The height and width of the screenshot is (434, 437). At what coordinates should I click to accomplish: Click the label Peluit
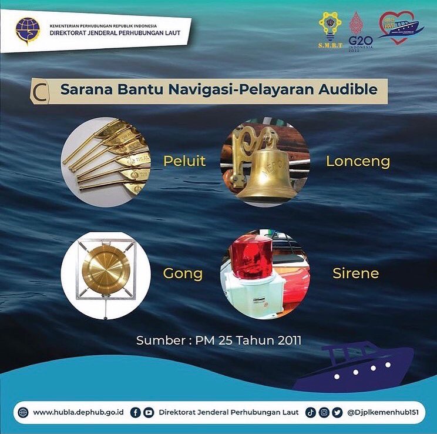[x=184, y=161]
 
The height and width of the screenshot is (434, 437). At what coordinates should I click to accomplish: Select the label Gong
[x=183, y=273]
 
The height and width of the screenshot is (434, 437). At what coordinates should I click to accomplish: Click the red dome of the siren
[x=251, y=258]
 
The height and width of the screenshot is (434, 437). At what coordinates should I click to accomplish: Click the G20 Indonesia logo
[x=357, y=32]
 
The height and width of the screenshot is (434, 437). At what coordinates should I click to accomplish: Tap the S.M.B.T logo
[x=329, y=29]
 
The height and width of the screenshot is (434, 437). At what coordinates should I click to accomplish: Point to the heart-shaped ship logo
[x=401, y=28]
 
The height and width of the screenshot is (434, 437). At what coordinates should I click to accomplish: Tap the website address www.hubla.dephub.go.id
[x=78, y=412]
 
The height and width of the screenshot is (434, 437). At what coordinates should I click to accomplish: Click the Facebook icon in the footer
[x=136, y=412]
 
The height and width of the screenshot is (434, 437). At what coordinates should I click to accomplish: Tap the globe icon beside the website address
[x=23, y=412]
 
